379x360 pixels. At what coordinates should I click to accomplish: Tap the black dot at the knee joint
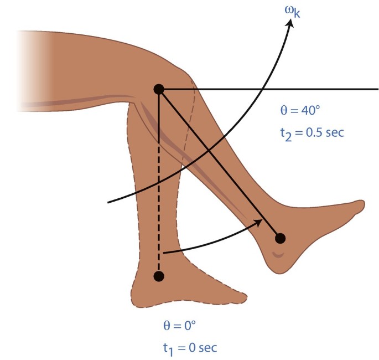(158, 89)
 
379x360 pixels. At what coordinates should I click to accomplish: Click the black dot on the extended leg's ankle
(280, 238)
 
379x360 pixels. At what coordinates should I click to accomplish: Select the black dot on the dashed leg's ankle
(159, 275)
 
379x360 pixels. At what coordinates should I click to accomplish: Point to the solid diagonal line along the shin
(221, 166)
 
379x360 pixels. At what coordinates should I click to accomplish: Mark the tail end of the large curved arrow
(109, 202)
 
